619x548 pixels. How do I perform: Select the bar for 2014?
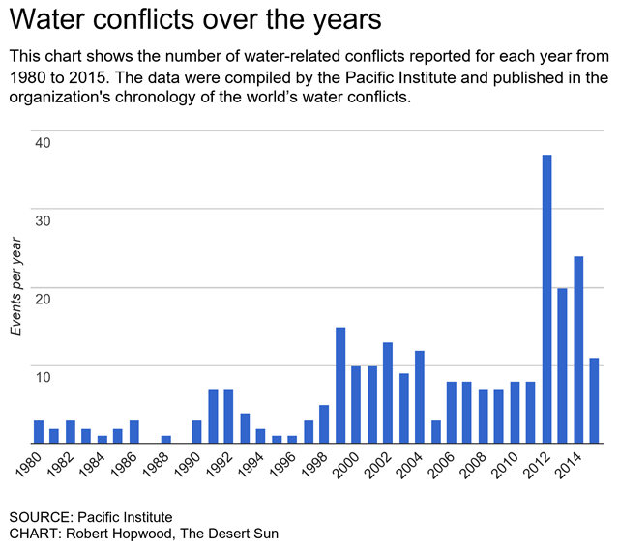coord(578,349)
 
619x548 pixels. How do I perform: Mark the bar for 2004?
coord(420,396)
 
